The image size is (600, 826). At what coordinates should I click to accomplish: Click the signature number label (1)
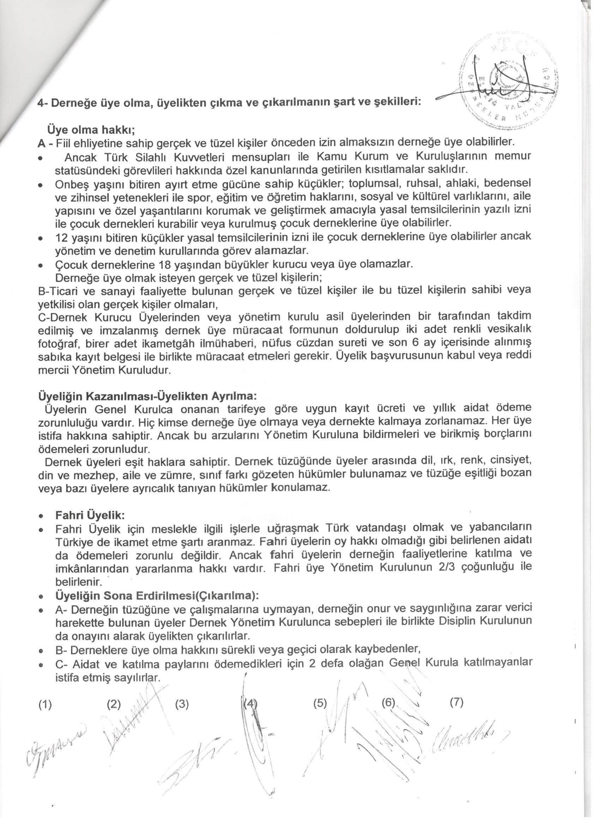point(45,704)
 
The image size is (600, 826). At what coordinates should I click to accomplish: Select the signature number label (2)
point(114,704)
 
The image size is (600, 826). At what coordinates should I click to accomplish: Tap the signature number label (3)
point(182,704)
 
